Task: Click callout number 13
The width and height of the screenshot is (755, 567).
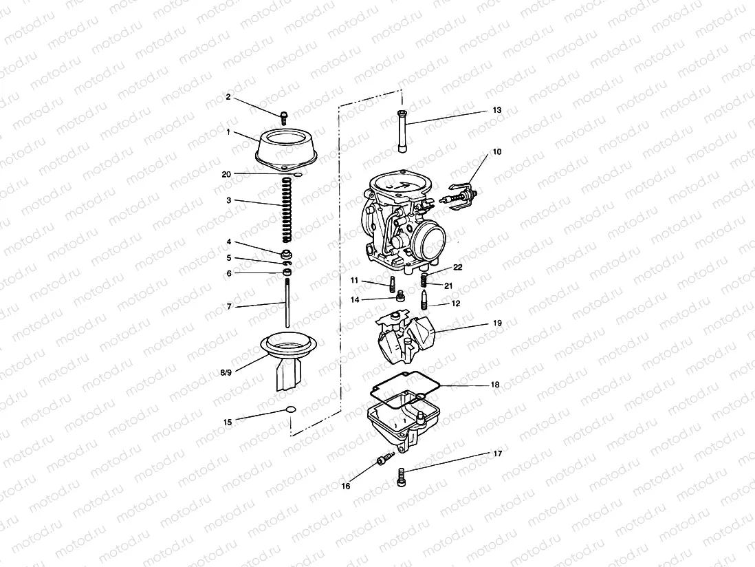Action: (x=497, y=110)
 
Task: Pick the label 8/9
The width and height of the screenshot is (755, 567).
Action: (x=226, y=372)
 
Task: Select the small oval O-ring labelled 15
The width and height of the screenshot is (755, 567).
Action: (x=290, y=411)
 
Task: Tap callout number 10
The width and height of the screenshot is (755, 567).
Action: (x=497, y=151)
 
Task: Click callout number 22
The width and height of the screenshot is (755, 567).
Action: (x=457, y=267)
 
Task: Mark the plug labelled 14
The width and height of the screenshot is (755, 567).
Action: (x=399, y=297)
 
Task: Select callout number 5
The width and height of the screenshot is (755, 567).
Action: (x=229, y=258)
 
